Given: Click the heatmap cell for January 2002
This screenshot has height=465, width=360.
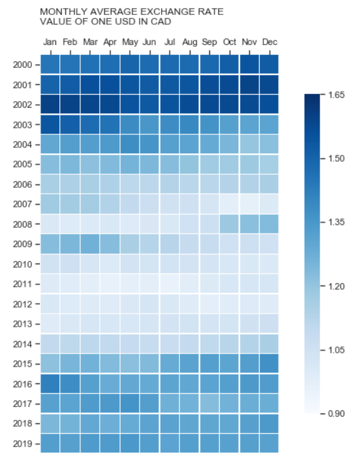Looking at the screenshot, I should pos(50,104).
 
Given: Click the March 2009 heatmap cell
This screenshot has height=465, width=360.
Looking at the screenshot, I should pos(90,243).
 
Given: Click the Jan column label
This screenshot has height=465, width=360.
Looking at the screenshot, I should pos(50,42).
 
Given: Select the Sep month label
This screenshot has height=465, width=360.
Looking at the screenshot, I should pos(209,42).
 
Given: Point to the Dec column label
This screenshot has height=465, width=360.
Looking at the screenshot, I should pos(269,42).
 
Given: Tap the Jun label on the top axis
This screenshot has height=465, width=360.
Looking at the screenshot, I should pos(149,42).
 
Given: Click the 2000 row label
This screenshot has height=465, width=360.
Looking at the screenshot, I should pos(22,65).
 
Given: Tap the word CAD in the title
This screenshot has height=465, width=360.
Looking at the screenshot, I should pos(162,22).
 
